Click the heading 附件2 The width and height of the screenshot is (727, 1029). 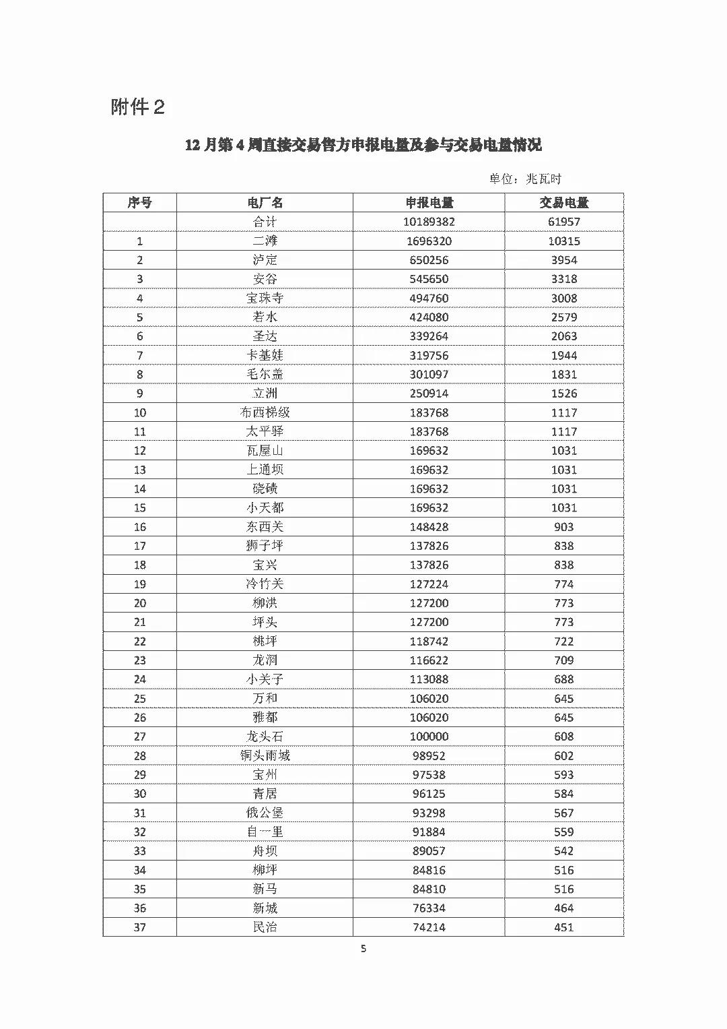(137, 106)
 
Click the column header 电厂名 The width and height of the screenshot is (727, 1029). (265, 203)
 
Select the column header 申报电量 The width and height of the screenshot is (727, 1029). (429, 203)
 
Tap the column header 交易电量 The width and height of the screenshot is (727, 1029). (563, 203)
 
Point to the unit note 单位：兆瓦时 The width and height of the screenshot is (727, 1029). (524, 179)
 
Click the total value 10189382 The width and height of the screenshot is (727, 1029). (429, 222)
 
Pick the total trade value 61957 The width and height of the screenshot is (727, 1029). (563, 222)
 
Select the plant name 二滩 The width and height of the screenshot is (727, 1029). (265, 241)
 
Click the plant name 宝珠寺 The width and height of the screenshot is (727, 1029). (265, 298)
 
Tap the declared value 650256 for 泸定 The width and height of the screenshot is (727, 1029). (429, 260)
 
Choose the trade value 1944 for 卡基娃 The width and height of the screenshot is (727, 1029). (563, 355)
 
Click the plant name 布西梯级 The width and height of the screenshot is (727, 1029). (265, 412)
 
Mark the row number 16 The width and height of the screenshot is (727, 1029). (139, 527)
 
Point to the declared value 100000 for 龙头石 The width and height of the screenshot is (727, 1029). (429, 737)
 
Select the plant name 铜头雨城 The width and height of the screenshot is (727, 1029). (265, 755)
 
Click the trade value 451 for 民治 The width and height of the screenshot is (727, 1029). (563, 927)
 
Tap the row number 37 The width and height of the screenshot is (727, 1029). (139, 927)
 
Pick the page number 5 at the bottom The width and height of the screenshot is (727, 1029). (363, 949)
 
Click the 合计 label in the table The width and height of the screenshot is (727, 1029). (265, 222)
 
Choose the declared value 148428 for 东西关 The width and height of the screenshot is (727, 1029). (429, 527)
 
